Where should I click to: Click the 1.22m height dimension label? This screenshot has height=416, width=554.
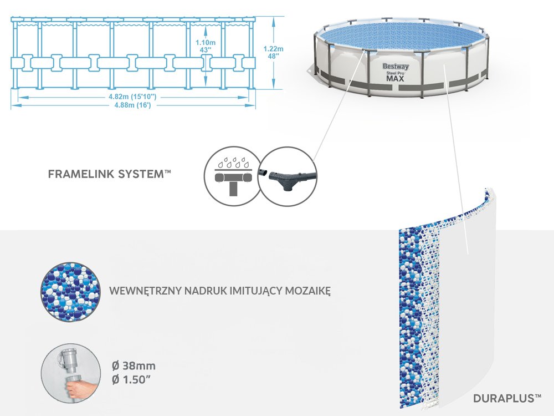pos(273,48)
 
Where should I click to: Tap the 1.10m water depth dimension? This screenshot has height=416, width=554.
pos(206,42)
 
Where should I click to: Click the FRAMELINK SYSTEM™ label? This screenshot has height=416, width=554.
pos(110,174)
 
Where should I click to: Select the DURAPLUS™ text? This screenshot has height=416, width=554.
pos(507,398)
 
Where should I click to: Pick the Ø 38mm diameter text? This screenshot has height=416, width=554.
pos(134,366)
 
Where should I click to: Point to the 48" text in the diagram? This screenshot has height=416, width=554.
pos(273,56)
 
